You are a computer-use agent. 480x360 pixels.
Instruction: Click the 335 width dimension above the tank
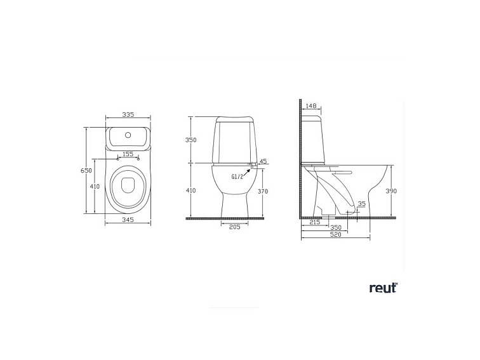tap(128, 115)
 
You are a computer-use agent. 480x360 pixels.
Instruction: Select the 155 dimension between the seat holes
tap(128, 154)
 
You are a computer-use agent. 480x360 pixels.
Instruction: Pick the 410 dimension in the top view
tap(95, 186)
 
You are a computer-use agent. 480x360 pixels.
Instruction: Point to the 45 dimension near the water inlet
tap(263, 161)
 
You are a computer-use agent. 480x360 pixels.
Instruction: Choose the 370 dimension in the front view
tap(263, 190)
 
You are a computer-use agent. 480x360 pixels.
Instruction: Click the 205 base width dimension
tap(234, 227)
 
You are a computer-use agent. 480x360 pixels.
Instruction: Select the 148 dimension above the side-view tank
tap(310, 105)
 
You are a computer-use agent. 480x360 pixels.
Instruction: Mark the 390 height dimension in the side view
tap(391, 190)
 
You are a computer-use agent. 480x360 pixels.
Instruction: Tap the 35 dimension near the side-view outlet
tap(362, 204)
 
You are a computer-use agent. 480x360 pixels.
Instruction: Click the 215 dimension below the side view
tap(314, 222)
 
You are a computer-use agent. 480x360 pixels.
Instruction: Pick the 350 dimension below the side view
tap(336, 227)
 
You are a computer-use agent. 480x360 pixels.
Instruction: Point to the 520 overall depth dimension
tap(336, 234)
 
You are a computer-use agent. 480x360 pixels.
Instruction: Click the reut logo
tap(383, 288)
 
